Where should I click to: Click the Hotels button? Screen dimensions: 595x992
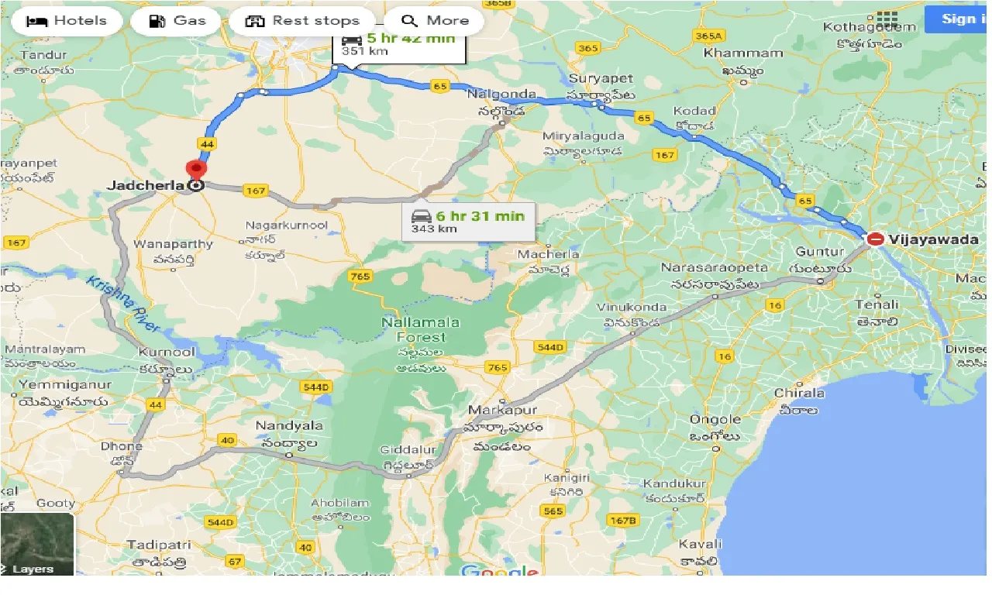[66, 21]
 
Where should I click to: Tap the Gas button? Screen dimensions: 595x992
[179, 21]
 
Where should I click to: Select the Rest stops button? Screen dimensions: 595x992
[302, 21]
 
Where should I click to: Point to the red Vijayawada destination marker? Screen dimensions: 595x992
[875, 239]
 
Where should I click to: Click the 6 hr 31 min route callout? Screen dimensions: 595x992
[469, 221]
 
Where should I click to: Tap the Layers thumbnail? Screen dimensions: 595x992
[37, 544]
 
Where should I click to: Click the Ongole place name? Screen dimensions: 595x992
[715, 420]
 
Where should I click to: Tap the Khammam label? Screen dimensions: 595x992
[732, 53]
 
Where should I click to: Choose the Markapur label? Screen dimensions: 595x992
[503, 410]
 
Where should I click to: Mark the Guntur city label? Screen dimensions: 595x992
[819, 252]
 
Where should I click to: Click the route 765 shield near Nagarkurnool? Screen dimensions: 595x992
[360, 276]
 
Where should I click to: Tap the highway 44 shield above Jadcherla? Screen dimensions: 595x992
[206, 144]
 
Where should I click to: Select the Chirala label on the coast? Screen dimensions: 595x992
[799, 393]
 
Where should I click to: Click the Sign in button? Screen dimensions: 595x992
[958, 19]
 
